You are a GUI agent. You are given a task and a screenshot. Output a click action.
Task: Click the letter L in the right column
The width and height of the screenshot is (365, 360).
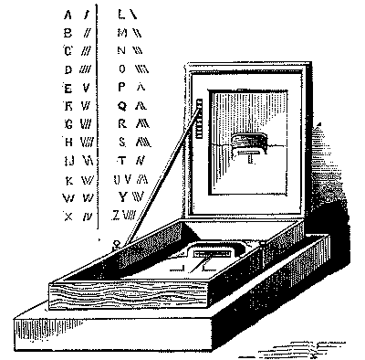(x=122, y=16)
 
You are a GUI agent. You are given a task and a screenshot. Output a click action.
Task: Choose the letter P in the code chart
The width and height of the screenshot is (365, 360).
(x=122, y=89)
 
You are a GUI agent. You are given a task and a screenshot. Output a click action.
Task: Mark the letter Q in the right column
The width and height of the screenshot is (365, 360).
(x=122, y=106)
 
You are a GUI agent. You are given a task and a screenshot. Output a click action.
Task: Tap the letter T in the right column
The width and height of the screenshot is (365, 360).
(x=122, y=161)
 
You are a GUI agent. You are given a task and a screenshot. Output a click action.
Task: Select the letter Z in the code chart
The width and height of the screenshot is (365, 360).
(x=117, y=216)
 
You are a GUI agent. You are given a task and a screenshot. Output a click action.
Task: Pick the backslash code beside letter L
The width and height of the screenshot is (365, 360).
(x=134, y=16)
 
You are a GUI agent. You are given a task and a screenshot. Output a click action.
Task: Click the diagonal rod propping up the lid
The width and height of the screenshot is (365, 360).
(x=161, y=179)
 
